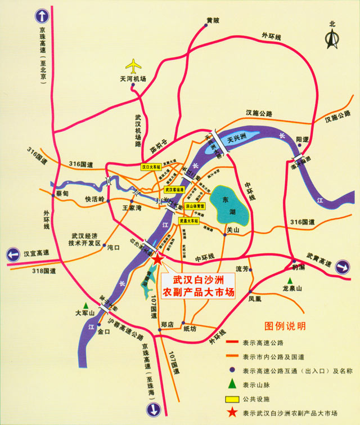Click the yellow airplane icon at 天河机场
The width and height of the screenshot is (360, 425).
[134, 66]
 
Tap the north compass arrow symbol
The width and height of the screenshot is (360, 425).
[332, 38]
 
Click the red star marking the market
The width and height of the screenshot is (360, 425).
[158, 259]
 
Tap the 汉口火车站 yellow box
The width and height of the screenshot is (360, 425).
[151, 168]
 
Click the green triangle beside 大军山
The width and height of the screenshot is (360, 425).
[86, 305]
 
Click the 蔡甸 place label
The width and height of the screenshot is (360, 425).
[62, 193]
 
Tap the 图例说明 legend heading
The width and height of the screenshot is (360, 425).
[285, 326]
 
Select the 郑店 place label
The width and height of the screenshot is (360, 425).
[168, 325]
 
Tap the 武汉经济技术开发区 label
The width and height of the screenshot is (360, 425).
[84, 240]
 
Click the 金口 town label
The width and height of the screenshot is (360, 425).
[103, 332]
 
